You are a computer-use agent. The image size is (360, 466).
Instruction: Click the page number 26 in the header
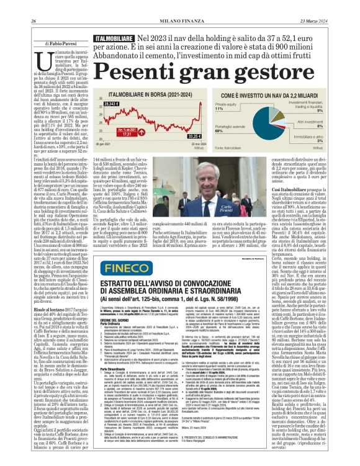click(33, 21)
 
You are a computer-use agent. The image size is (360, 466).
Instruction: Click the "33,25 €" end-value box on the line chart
click(194, 136)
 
